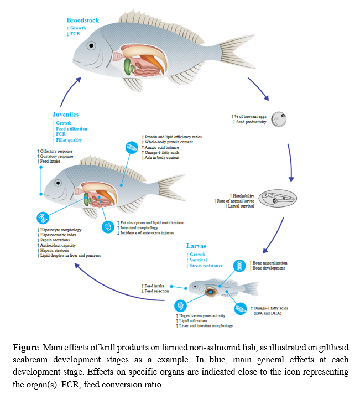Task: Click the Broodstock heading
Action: pyautogui.click(x=83, y=20)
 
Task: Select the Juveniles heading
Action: pyautogui.click(x=65, y=115)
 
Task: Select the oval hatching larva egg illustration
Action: pyautogui.click(x=278, y=198)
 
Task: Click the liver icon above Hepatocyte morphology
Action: pyautogui.click(x=43, y=217)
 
